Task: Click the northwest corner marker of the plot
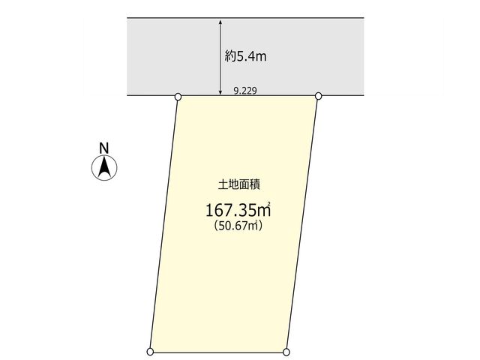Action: click(178, 97)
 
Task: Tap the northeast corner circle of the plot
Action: click(318, 96)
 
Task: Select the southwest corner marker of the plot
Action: click(150, 352)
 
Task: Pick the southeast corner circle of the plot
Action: click(286, 352)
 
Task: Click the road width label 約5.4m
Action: click(245, 57)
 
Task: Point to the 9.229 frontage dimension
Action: click(245, 91)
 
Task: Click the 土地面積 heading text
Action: click(239, 185)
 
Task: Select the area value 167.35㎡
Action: click(238, 210)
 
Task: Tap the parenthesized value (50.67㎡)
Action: click(238, 226)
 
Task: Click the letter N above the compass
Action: click(104, 148)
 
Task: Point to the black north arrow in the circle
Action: click(104, 166)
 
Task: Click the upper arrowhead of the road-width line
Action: click(220, 22)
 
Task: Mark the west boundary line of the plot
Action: click(163, 224)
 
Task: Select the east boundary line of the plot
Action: click(302, 224)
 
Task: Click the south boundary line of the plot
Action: click(218, 352)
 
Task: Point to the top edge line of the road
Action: click(245, 18)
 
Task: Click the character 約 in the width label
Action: click(230, 57)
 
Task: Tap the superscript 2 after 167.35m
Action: click(269, 203)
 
